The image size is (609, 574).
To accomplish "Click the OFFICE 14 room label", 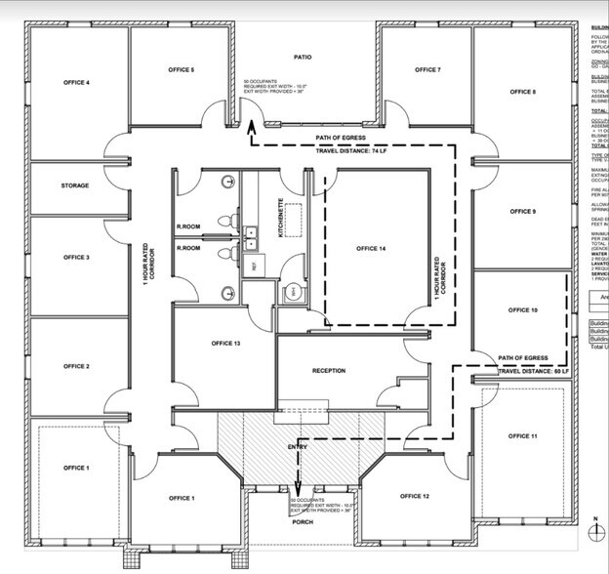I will (370, 249).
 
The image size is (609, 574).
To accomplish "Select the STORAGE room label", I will (75, 185).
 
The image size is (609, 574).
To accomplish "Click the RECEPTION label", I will (329, 371).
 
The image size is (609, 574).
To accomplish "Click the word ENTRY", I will (298, 447).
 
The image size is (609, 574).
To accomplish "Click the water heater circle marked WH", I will (291, 292).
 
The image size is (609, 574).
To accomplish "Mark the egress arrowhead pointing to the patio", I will (251, 125).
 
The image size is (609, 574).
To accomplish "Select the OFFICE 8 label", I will (522, 92).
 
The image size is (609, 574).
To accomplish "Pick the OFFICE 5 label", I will (181, 70).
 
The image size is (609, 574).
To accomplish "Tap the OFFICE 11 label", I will (522, 436).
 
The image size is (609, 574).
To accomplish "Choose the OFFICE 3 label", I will (76, 258).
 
